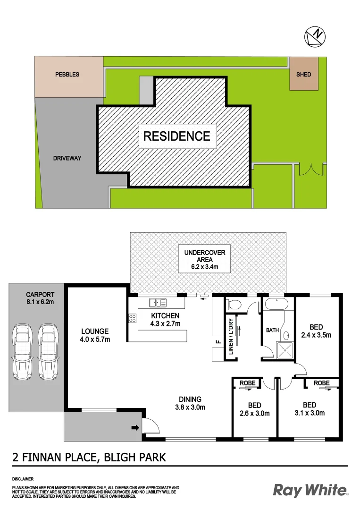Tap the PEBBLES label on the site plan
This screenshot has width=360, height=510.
[67, 75]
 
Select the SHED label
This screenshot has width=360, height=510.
[303, 75]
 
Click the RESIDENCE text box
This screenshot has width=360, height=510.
[177, 136]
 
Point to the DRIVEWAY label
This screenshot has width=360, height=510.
[67, 158]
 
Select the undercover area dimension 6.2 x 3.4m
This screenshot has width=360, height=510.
[204, 268]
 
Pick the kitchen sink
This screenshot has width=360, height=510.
[158, 302]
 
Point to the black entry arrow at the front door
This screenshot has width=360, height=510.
[135, 428]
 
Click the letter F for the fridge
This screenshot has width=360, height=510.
[218, 341]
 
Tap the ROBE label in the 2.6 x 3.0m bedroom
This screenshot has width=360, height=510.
[247, 383]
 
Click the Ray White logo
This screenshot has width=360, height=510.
[310, 491]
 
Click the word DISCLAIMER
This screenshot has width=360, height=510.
[23, 478]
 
